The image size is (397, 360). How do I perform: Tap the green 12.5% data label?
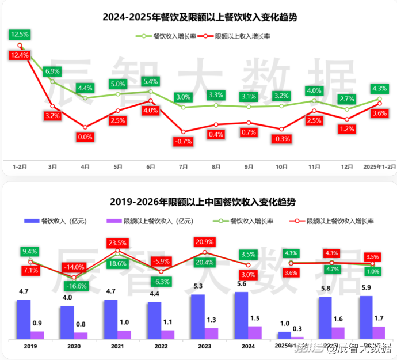tap(20, 35)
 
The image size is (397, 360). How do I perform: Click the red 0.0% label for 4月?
tap(85, 137)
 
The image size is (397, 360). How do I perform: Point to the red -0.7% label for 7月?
tap(183, 141)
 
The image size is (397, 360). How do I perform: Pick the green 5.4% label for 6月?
tap(151, 81)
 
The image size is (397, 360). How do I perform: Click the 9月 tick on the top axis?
tap(249, 166)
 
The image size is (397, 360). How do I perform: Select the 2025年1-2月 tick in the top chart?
tap(379, 166)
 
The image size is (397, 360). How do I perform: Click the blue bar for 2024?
tap(242, 315)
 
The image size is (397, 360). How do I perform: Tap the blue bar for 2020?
tap(67, 322)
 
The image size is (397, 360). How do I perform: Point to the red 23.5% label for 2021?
tap(117, 242)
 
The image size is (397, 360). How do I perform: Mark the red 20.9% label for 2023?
tap(204, 241)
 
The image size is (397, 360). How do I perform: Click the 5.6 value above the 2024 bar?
tap(242, 284)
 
